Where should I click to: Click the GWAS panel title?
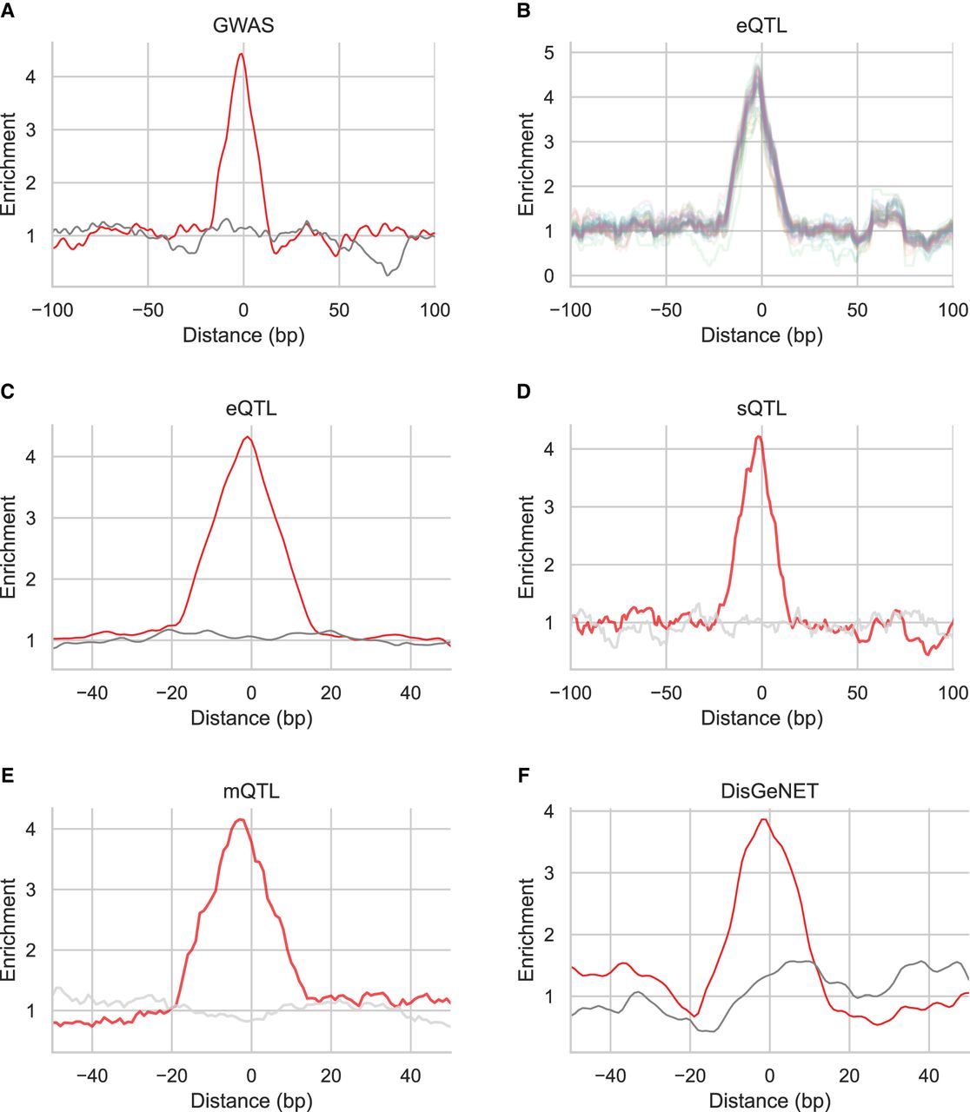(x=242, y=24)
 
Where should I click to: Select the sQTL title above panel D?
(x=761, y=407)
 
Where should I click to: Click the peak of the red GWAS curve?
(x=242, y=54)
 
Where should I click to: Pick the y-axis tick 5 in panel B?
(x=549, y=53)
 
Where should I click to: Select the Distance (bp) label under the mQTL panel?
(x=251, y=1100)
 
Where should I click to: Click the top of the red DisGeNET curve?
(x=763, y=819)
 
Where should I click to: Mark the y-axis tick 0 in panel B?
(x=549, y=276)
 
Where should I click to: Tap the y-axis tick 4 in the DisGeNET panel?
(x=549, y=811)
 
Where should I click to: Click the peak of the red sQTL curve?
(x=760, y=437)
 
